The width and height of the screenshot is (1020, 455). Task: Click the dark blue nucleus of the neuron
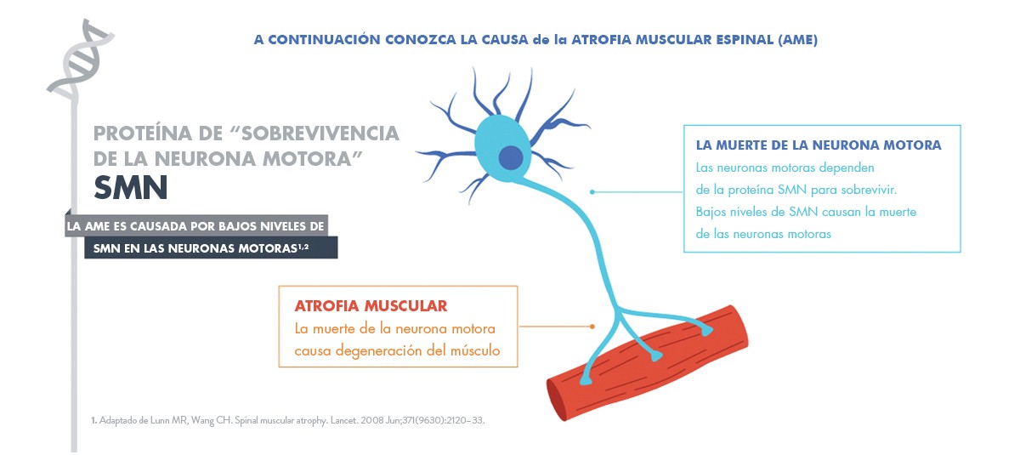click(511, 157)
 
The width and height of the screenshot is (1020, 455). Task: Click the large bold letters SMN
click(131, 188)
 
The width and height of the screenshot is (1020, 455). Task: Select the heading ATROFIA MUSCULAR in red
click(371, 305)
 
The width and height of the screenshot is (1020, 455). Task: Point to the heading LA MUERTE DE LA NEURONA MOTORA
click(819, 145)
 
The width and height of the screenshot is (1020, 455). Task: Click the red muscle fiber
click(647, 362)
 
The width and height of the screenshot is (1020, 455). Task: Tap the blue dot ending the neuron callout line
click(592, 192)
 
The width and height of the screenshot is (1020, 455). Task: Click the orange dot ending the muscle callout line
click(592, 327)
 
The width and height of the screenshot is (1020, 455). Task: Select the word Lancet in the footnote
click(344, 420)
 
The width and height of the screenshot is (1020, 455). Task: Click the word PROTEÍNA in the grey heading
click(143, 134)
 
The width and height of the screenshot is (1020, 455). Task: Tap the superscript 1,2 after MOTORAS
click(303, 247)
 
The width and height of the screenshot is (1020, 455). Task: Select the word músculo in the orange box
click(475, 350)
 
